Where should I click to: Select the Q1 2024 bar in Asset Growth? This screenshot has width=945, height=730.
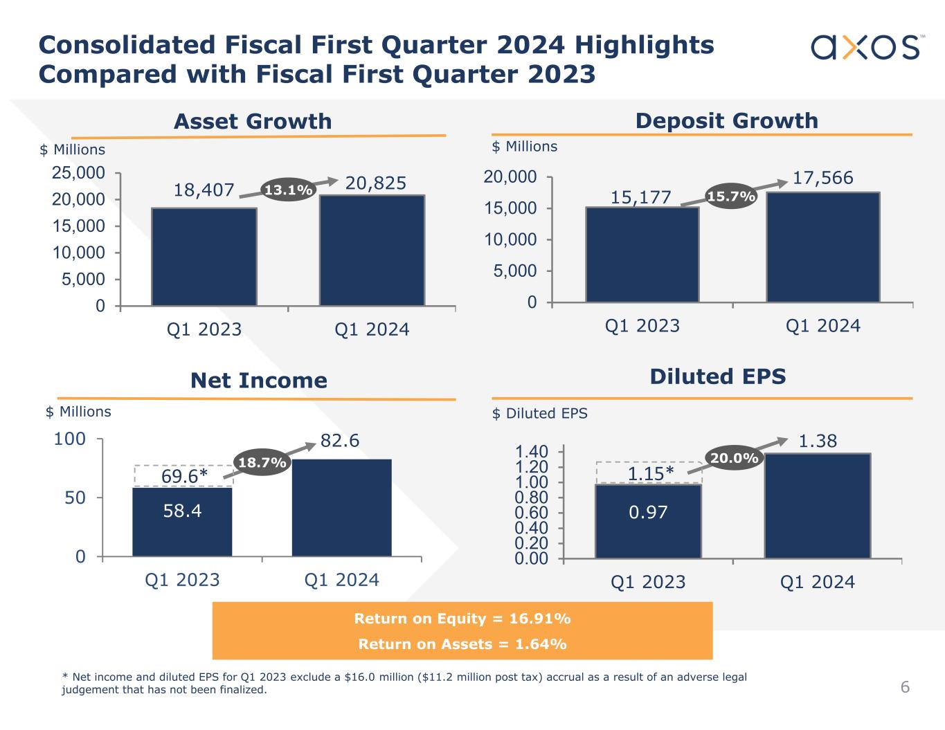pos(372,250)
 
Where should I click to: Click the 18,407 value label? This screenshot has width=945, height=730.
pos(205,190)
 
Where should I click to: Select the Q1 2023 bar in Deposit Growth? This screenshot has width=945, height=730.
pos(642,255)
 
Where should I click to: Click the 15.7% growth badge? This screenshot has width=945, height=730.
pos(731,197)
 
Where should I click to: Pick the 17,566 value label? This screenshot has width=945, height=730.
pos(822,178)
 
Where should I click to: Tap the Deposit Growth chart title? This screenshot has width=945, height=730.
pos(726,120)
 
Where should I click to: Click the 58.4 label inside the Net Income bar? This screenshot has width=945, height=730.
pos(182,511)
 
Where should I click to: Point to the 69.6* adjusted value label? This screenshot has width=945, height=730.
pos(184,476)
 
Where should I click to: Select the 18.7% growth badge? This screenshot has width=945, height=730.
pos(262,463)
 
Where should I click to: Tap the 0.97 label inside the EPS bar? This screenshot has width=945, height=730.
pos(648,512)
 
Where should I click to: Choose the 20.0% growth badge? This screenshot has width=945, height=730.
pos(734,457)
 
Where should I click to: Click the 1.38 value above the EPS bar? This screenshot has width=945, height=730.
pos(818,441)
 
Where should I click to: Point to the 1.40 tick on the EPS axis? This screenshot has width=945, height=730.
pos(532,452)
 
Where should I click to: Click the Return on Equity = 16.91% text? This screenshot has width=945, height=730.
pos(462,618)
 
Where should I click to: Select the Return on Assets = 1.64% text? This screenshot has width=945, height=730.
pos(462,644)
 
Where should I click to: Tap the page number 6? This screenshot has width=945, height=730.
pos(905,687)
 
